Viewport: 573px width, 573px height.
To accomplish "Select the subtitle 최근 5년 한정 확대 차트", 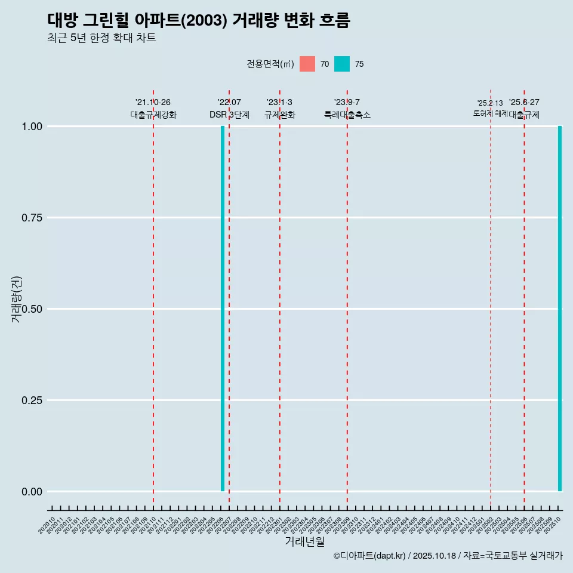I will (101, 38).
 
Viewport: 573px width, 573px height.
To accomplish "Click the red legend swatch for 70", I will (307, 64).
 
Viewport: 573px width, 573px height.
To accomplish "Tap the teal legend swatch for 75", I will (342, 64).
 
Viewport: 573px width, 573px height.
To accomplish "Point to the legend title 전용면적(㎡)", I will (270, 64).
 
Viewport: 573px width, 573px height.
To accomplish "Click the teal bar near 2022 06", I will (223, 309).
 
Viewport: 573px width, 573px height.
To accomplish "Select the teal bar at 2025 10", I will (560, 309).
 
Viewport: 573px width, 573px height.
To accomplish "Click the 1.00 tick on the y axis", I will (32, 126).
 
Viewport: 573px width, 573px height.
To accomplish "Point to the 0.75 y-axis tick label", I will (32, 217).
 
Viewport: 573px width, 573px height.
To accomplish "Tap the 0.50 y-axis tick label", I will (32, 309).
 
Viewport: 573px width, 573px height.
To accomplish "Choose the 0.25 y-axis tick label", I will (32, 400).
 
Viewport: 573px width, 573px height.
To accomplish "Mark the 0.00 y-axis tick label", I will (32, 491).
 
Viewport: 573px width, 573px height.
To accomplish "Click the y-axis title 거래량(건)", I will (16, 299).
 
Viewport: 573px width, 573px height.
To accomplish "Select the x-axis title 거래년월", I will (304, 542).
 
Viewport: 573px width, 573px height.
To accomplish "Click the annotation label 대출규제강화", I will (153, 115).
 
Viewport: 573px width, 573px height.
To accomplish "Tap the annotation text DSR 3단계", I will (229, 115).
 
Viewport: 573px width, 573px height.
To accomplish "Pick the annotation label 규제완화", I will (279, 115).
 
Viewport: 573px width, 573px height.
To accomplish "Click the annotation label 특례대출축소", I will (347, 115).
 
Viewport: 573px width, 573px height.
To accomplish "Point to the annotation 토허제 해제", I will (490, 113).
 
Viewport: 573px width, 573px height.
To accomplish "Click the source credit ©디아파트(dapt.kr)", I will (370, 556).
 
